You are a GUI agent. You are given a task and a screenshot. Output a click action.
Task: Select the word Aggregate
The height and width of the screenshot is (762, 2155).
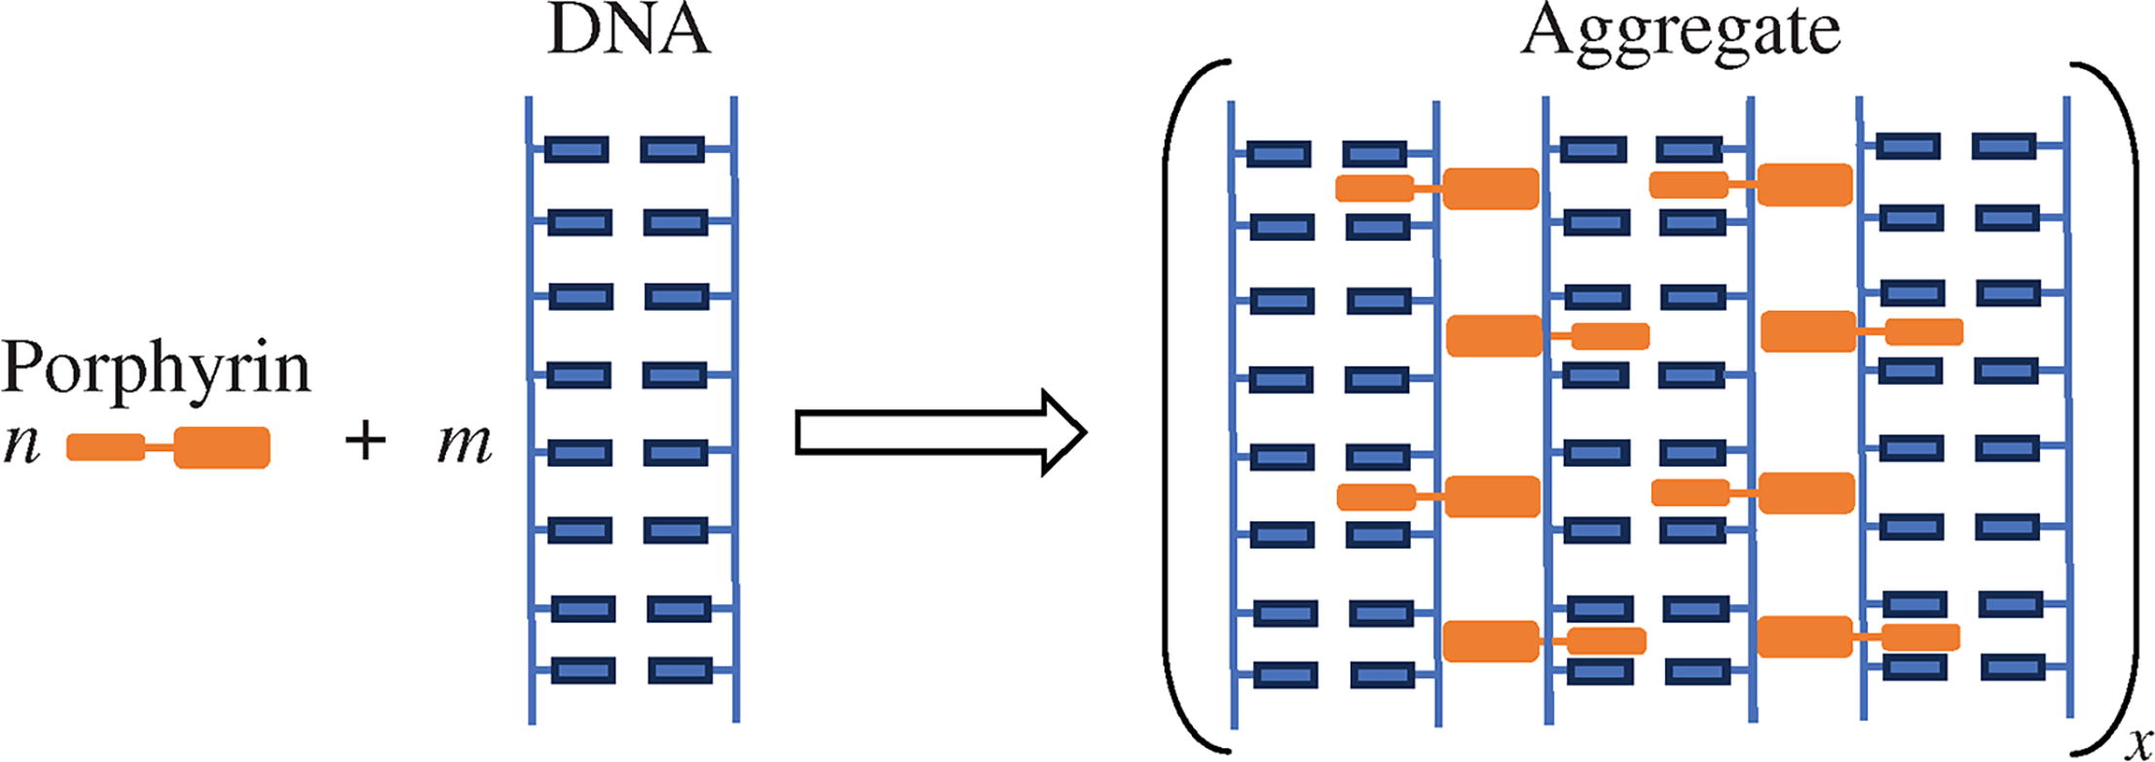(1681, 31)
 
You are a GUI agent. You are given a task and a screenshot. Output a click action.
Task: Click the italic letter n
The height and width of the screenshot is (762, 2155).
(21, 444)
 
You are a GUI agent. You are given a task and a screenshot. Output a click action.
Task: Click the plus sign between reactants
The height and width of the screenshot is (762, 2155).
(365, 441)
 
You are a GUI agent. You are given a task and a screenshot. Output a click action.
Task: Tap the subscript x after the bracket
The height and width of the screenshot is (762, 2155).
(2138, 744)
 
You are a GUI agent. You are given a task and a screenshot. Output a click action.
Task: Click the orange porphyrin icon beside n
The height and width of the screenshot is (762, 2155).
(168, 447)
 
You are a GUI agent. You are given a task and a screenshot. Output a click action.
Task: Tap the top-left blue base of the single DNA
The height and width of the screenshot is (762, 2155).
(576, 149)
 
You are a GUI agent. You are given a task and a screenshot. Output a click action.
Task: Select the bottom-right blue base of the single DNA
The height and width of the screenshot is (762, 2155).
(680, 670)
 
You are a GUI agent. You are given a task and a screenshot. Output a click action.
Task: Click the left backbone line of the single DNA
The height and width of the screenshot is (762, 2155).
(531, 409)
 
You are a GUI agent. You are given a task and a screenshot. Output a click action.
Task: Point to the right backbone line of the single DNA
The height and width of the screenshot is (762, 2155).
(735, 409)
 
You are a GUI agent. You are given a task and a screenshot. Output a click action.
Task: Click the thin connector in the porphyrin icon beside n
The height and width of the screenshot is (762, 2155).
(159, 448)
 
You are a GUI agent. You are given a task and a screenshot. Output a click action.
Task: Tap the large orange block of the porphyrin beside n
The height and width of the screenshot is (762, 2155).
(222, 447)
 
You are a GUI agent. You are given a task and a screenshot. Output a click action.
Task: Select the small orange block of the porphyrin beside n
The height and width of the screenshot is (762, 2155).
(105, 447)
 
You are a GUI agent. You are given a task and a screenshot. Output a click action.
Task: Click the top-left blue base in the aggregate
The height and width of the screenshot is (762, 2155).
(1279, 154)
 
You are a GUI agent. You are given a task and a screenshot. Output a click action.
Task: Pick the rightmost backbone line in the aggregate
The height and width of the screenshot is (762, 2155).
(2066, 409)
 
